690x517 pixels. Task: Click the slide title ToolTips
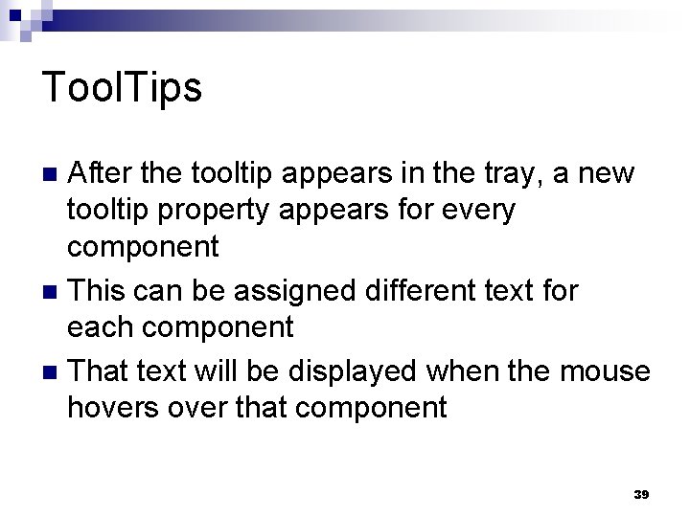point(123,87)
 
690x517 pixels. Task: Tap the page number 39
point(641,494)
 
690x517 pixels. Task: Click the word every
point(480,210)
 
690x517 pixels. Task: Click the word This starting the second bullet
point(101,290)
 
